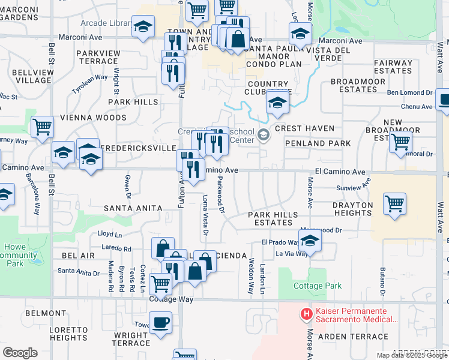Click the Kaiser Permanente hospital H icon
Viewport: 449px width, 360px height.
pyautogui.click(x=306, y=313)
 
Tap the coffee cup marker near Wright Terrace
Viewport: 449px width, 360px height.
pyautogui.click(x=160, y=323)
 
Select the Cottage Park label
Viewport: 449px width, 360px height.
pyautogui.click(x=318, y=286)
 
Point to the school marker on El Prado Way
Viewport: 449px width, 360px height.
pyautogui.click(x=310, y=241)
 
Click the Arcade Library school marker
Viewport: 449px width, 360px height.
pyautogui.click(x=143, y=27)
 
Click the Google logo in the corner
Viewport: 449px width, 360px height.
pyautogui.click(x=20, y=353)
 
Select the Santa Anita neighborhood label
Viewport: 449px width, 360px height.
pyautogui.click(x=133, y=208)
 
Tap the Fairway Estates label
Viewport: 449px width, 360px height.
pyautogui.click(x=393, y=67)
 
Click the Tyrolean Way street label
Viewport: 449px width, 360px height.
pyautogui.click(x=90, y=82)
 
